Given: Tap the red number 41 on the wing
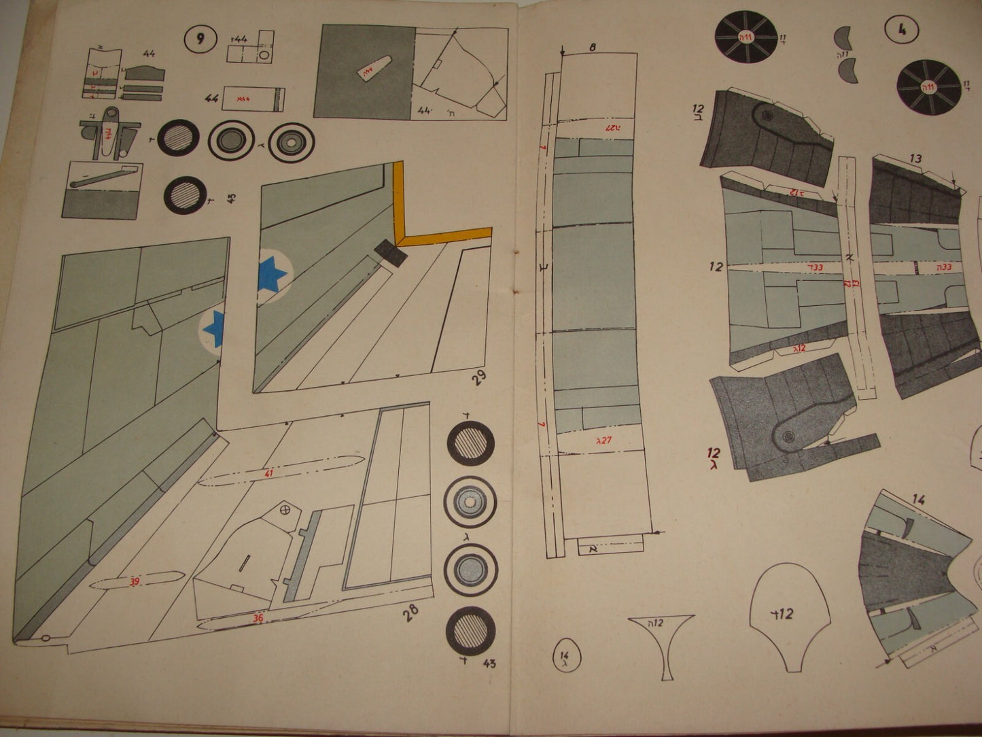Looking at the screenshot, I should pos(269,474).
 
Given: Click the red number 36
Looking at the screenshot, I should pos(258,618).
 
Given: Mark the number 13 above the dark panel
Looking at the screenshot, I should pos(915,159).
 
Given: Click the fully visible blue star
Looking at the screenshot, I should pos(273,275).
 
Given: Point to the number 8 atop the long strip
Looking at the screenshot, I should pos(592,47).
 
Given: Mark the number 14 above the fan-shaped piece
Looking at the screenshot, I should pos(918,500).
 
